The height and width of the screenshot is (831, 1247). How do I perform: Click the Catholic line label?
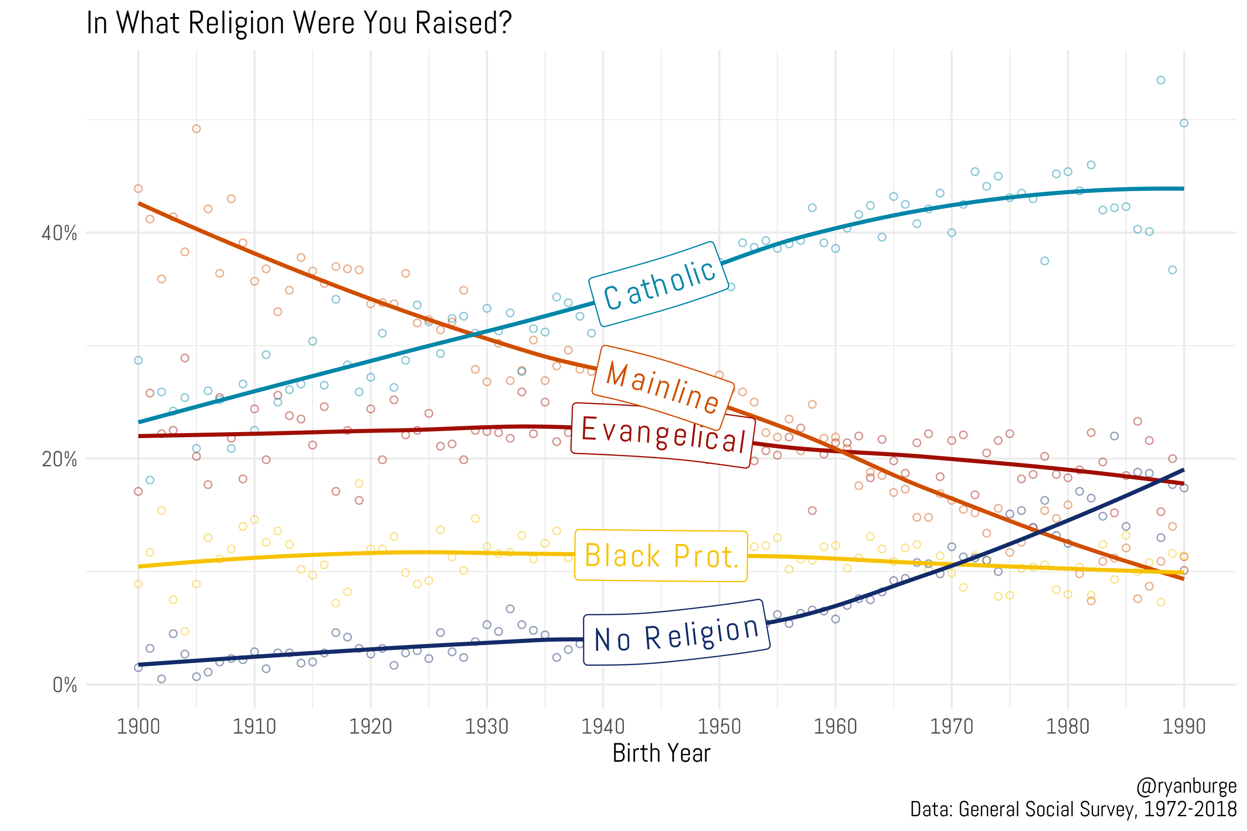point(659,284)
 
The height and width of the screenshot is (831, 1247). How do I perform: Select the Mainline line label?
point(662,387)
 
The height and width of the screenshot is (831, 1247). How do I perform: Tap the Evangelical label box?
point(663,435)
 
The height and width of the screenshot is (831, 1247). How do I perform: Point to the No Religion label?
point(676,633)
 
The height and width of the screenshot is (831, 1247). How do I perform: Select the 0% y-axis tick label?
point(64,685)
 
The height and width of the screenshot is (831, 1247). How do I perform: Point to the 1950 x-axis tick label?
point(719,727)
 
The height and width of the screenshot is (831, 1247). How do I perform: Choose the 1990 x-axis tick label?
point(1183,727)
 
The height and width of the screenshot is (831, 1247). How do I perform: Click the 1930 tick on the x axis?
point(486,727)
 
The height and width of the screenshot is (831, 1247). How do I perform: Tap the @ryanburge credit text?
point(1186,786)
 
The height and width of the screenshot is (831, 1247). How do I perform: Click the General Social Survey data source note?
point(1072,809)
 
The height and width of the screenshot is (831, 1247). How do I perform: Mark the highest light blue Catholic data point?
point(1161,80)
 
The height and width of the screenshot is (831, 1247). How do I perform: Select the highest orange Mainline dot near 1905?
point(196,129)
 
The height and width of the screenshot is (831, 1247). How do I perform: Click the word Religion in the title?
point(237,24)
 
